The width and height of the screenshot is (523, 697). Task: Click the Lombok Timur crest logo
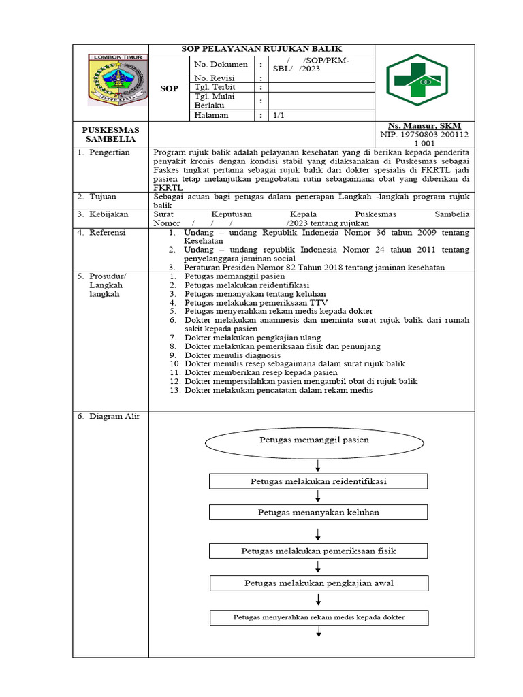point(116,80)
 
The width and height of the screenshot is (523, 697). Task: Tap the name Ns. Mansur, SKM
point(424,126)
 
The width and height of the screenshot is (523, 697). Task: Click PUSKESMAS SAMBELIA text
point(110,134)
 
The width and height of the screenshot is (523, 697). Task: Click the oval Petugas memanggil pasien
point(314,440)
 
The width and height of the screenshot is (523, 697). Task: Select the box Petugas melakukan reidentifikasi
point(318,481)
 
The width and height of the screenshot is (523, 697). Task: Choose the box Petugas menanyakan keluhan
point(318,512)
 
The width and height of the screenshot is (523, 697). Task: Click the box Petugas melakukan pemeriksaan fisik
point(318,550)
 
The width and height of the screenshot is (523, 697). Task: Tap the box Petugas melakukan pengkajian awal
point(318,583)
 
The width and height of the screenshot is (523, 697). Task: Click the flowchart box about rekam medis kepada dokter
point(318,617)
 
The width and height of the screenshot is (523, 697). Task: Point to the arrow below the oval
point(318,465)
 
